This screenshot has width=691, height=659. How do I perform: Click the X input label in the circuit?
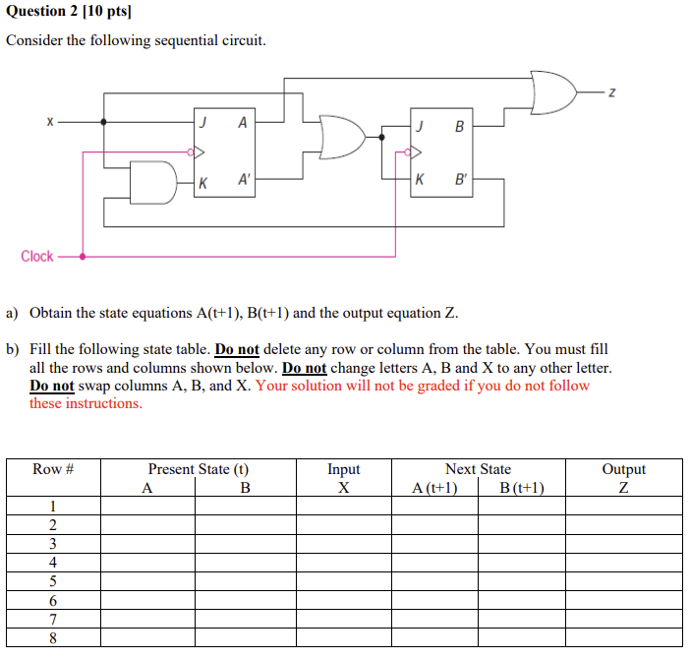(47, 122)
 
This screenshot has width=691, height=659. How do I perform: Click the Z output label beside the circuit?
(611, 92)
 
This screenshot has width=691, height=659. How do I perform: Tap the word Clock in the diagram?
(37, 257)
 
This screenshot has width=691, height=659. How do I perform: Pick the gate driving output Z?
(551, 92)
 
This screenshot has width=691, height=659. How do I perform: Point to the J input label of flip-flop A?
(202, 123)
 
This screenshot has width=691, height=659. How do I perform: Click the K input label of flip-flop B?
(421, 180)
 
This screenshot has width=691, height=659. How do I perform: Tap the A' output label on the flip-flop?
(244, 180)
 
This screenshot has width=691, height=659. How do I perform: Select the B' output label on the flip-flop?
(460, 180)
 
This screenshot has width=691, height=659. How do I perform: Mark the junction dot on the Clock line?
(83, 257)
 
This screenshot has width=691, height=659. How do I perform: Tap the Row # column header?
(53, 469)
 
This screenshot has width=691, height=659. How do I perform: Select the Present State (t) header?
(198, 469)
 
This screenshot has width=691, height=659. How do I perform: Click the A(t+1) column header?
(434, 488)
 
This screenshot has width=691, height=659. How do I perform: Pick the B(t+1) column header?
(521, 488)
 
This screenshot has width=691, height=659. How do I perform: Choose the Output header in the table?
(623, 469)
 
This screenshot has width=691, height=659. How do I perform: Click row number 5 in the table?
(53, 580)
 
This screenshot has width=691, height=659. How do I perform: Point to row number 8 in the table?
(53, 637)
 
